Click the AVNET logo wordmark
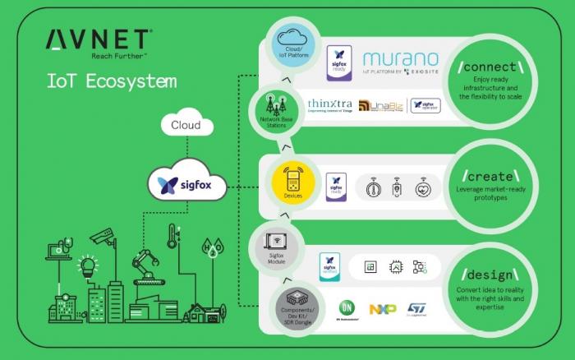(98, 39)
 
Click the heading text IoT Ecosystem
(111, 82)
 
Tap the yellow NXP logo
(382, 309)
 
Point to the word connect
(490, 66)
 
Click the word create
(490, 177)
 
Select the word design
(490, 274)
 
